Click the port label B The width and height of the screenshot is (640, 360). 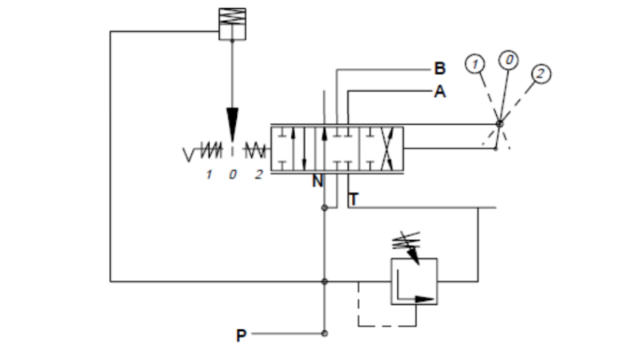tap(439, 69)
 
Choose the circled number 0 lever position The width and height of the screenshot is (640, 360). tap(508, 60)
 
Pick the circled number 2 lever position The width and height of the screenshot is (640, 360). tap(541, 74)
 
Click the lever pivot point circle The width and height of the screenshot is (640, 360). tap(498, 124)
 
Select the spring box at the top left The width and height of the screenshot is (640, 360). tap(232, 22)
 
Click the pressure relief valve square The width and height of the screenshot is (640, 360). tap(414, 281)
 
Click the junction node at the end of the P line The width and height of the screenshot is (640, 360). tap(324, 334)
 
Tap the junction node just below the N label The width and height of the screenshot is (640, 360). tap(324, 209)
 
